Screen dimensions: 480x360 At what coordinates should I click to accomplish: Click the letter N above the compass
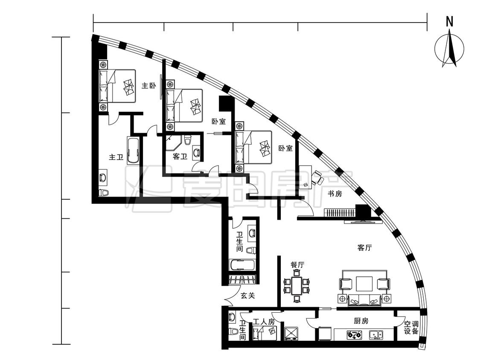[x=449, y=22]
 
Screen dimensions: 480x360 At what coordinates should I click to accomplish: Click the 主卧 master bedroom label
[x=149, y=85]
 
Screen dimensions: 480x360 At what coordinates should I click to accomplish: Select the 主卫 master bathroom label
[x=116, y=157]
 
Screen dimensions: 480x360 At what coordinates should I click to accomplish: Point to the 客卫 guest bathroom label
[x=180, y=157]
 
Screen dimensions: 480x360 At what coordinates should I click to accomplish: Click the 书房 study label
[x=335, y=194]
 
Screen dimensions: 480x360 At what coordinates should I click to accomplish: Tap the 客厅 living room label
[x=365, y=248]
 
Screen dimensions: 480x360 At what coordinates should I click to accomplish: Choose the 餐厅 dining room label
[x=297, y=265]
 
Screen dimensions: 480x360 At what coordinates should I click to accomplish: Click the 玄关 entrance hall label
[x=247, y=296]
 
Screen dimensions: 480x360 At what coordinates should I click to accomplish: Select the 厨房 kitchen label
[x=361, y=321]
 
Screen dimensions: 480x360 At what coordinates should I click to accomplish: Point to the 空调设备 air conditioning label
[x=411, y=328]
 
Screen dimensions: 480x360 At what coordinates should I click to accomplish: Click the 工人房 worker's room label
[x=264, y=322]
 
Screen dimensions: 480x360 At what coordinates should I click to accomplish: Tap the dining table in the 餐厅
[x=297, y=286]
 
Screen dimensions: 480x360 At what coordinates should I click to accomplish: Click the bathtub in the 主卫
[x=134, y=151]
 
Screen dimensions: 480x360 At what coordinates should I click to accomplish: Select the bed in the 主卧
[x=117, y=86]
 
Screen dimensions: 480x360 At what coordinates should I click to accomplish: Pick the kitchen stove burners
[x=354, y=334]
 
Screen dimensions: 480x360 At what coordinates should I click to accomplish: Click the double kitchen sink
[x=376, y=334]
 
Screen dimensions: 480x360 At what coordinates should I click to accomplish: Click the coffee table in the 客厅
[x=364, y=284]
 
